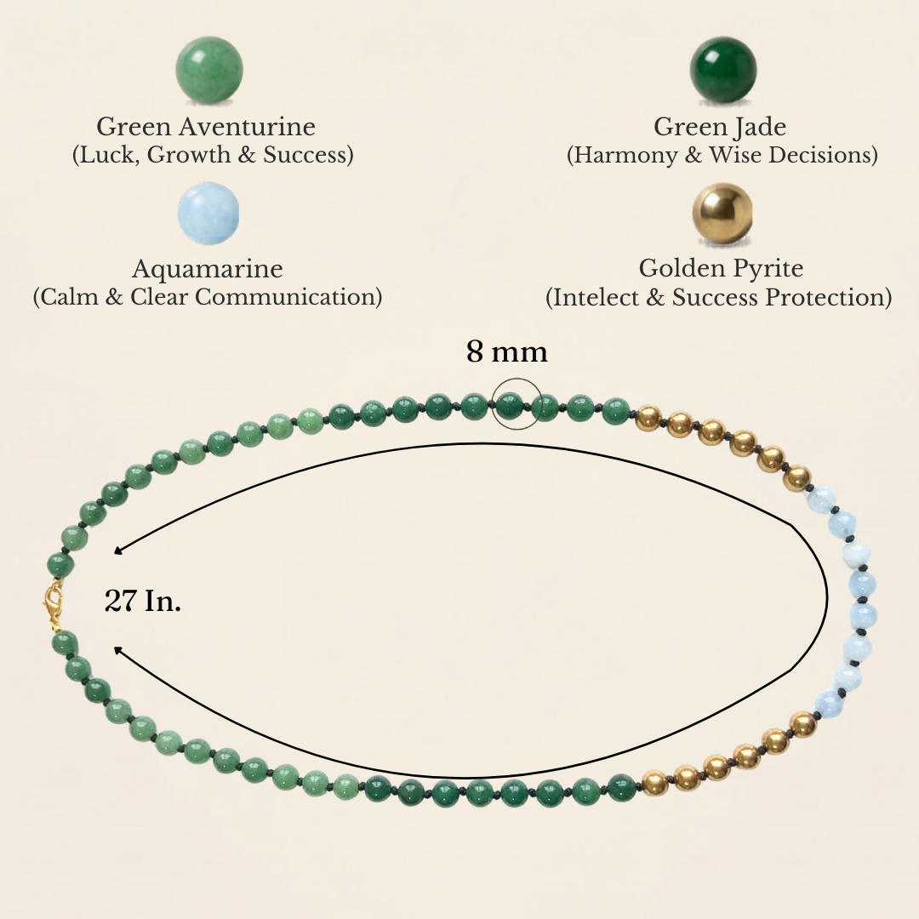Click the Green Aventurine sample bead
(209, 71)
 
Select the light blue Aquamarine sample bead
(208, 213)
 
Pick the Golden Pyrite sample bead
(722, 213)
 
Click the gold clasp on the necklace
(54, 604)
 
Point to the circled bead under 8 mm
(510, 404)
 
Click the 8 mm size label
(507, 351)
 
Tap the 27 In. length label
(143, 601)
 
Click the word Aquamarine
(208, 268)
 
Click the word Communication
(285, 297)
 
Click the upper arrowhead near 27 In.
(117, 551)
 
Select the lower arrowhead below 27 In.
(117, 650)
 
